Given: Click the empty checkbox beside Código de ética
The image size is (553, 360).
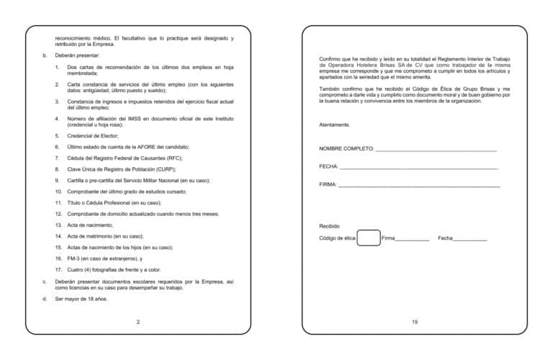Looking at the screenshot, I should pos(369,238).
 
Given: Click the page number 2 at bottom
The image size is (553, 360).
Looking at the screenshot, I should pos(138,322).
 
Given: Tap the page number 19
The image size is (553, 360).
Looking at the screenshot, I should pos(415,322).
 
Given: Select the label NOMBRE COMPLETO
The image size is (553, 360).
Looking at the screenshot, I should pos(346,149).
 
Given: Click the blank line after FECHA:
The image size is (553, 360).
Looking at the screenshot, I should pos(418,167).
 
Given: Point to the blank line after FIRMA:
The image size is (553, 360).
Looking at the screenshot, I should pos(418,185).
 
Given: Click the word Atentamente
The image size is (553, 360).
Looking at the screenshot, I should pos(335,125).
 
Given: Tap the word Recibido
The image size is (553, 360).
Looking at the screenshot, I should pos(329,225).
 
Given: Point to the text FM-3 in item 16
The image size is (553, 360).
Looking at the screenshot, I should pos(74,258).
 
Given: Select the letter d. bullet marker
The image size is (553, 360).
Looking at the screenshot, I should pos(45,298).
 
